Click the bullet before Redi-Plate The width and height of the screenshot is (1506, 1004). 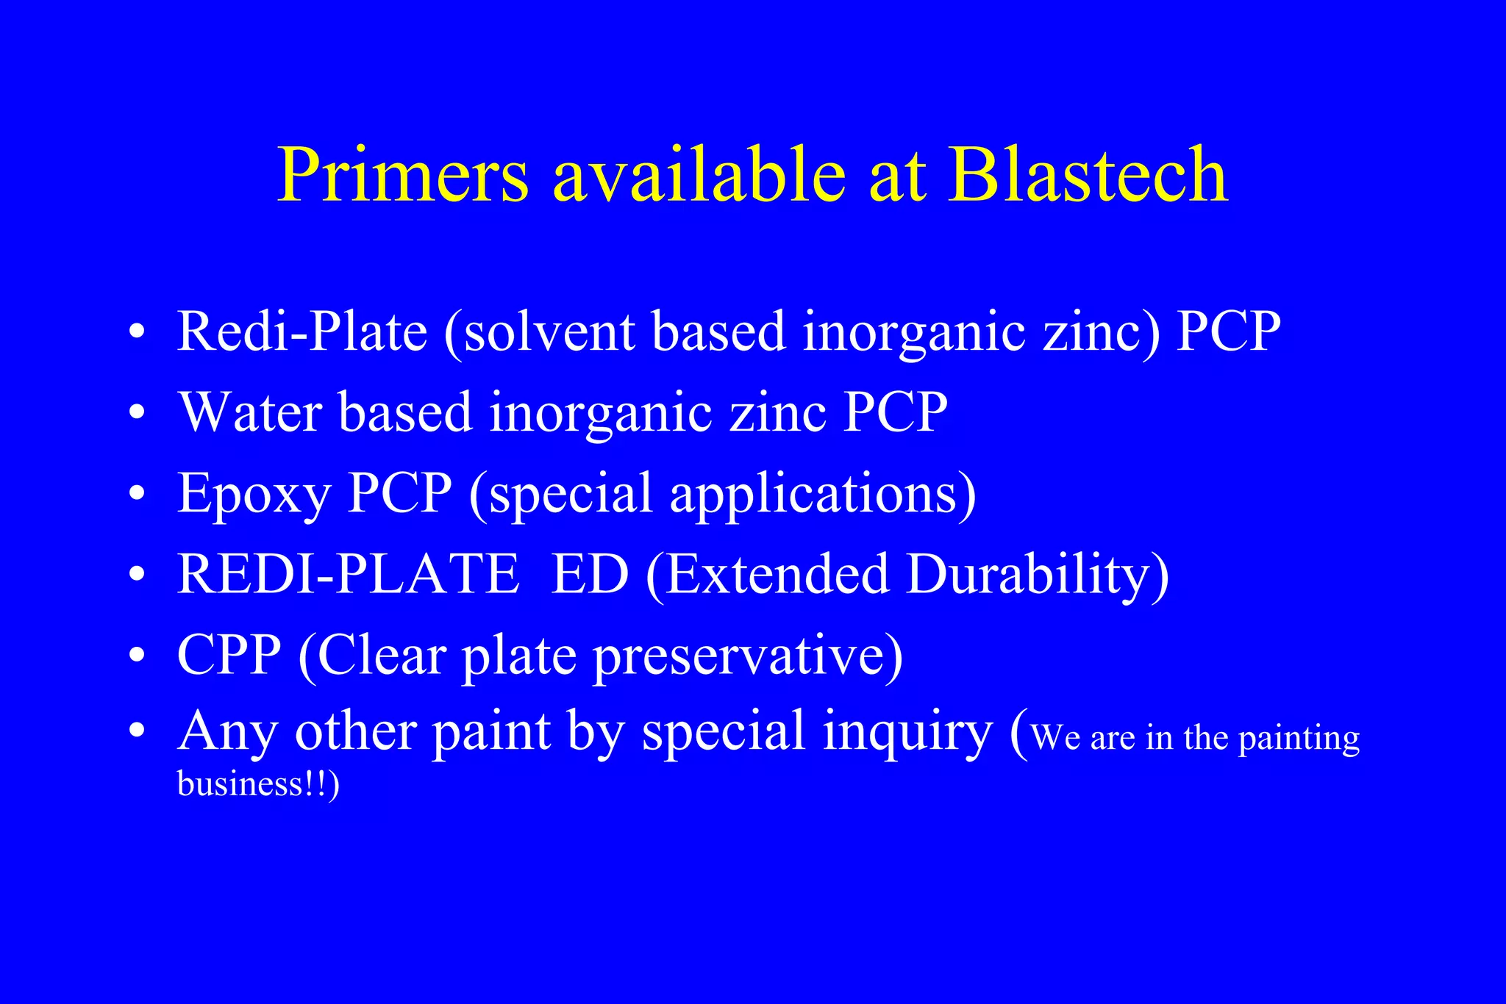[136, 332]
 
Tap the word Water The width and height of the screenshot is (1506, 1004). [250, 412]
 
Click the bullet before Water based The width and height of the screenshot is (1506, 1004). [136, 413]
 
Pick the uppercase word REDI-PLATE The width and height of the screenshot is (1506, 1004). [348, 574]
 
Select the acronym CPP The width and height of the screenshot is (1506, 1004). [229, 655]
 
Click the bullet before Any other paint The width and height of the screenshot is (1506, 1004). [136, 733]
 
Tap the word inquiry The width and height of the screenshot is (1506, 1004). [907, 733]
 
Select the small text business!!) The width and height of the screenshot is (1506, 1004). [258, 784]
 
